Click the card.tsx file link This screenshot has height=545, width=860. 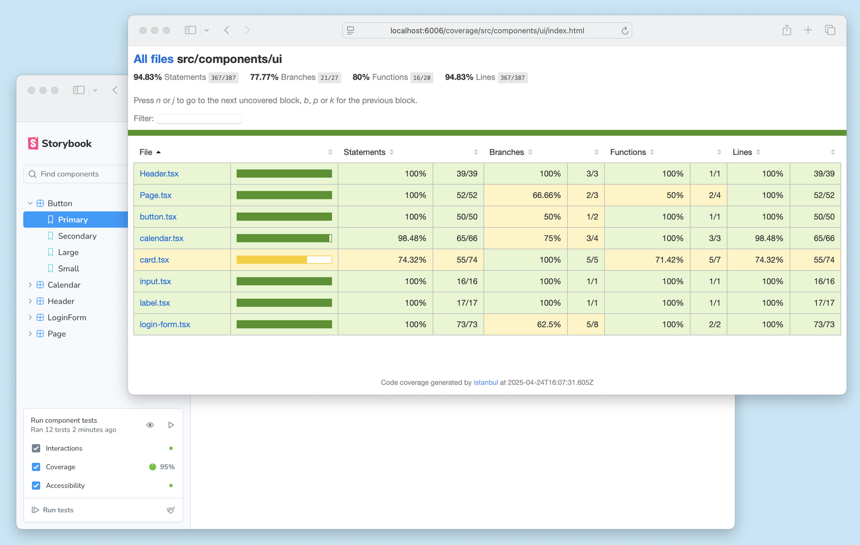coord(154,260)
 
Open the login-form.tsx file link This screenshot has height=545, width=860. coord(165,324)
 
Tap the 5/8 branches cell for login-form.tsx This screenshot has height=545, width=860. coord(592,324)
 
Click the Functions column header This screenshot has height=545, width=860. coord(628,152)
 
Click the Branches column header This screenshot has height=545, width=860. coord(506,152)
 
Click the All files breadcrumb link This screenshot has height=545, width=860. coord(154,59)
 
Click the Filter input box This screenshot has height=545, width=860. coord(199,118)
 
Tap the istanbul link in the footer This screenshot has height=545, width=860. coord(485,383)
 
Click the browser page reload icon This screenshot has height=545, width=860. coord(625,31)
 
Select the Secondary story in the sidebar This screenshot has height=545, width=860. coord(77,236)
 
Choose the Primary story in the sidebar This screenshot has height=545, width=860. coord(73,220)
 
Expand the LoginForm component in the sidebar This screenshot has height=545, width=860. coord(30,317)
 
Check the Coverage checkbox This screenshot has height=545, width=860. coord(36,467)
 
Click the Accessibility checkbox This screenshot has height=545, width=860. coord(36,485)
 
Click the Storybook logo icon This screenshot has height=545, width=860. coord(33,143)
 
